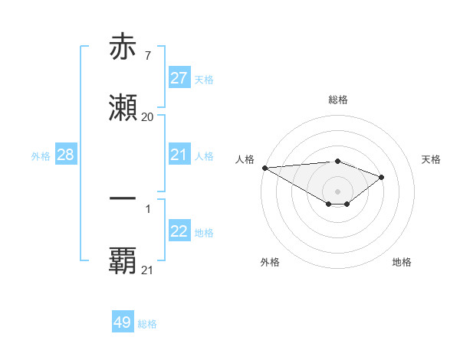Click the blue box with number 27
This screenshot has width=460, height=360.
[x=179, y=78]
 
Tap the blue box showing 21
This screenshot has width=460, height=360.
[x=179, y=155]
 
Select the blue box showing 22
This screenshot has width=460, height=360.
[x=179, y=231]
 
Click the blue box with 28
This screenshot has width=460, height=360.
[x=66, y=155]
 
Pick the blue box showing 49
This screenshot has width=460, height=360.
[x=123, y=322]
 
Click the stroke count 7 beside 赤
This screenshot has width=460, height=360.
[x=147, y=57]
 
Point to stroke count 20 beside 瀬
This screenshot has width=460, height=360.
[x=147, y=117]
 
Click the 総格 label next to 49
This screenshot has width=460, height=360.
[x=147, y=324]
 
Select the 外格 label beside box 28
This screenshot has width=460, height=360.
[x=41, y=155]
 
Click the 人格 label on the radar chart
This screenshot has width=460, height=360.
[x=245, y=159]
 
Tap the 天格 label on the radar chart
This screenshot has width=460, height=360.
[x=432, y=159]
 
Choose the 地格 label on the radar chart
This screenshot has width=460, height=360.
[x=402, y=262]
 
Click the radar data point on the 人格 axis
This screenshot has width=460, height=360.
[x=264, y=168]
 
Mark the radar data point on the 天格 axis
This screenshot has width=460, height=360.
[x=382, y=177]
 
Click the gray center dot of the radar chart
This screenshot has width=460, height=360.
[x=338, y=191]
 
